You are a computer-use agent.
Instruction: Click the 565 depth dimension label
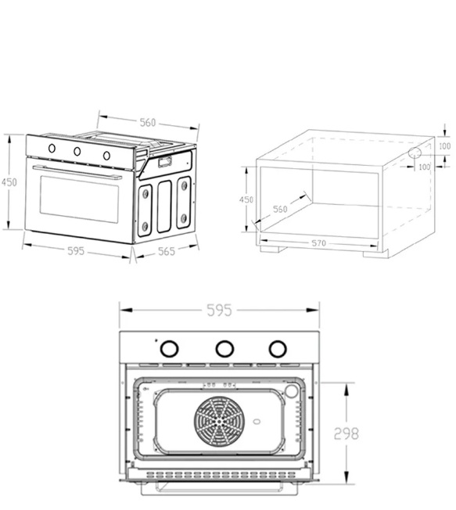point(167,251)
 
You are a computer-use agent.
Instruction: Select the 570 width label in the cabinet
point(319,243)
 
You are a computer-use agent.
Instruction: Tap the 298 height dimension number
point(346,433)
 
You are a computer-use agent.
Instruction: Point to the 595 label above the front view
point(220,310)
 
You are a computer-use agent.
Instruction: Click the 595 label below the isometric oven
point(76,251)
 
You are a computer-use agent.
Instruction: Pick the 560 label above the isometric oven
point(148,123)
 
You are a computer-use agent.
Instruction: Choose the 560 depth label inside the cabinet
point(280,209)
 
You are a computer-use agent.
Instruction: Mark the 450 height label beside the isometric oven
point(9,182)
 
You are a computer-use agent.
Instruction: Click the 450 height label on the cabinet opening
point(246,199)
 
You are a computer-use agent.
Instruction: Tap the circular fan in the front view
point(220,422)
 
